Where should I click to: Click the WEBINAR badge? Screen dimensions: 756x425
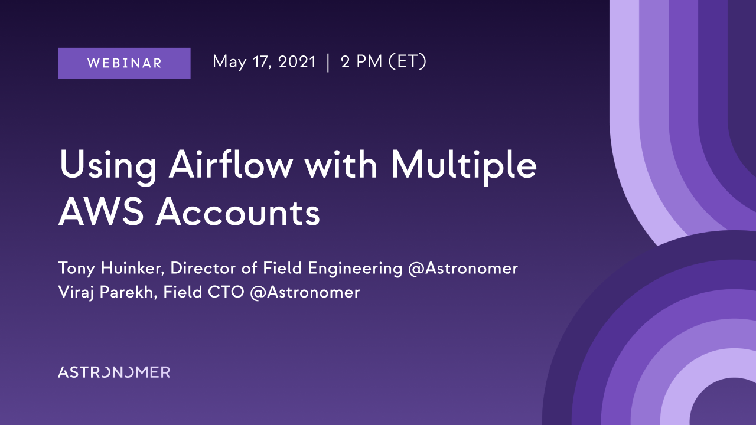pyautogui.click(x=124, y=63)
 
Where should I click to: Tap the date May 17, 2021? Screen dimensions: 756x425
pyautogui.click(x=264, y=63)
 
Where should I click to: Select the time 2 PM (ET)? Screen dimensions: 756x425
pyautogui.click(x=384, y=62)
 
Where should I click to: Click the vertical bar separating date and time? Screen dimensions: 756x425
pyautogui.click(x=328, y=63)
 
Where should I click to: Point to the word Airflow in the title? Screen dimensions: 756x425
pyautogui.click(x=230, y=164)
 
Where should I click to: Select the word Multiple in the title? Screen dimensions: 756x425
pyautogui.click(x=464, y=167)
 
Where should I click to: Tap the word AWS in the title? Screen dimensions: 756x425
pyautogui.click(x=101, y=212)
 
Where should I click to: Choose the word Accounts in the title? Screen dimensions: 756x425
pyautogui.click(x=237, y=212)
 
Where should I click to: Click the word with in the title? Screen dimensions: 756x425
pyautogui.click(x=341, y=164)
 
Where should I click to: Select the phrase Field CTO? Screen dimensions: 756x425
pyautogui.click(x=204, y=292)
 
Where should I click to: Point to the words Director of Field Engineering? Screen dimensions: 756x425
pyautogui.click(x=286, y=269)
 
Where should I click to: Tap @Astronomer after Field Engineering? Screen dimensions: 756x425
pyautogui.click(x=462, y=269)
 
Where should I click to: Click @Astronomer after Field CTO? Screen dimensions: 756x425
pyautogui.click(x=305, y=292)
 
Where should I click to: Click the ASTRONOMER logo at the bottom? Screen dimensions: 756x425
pyautogui.click(x=114, y=372)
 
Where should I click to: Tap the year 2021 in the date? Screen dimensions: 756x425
pyautogui.click(x=297, y=62)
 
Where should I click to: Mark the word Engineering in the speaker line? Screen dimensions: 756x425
pyautogui.click(x=355, y=269)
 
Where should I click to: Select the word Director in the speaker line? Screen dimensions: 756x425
pyautogui.click(x=203, y=268)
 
